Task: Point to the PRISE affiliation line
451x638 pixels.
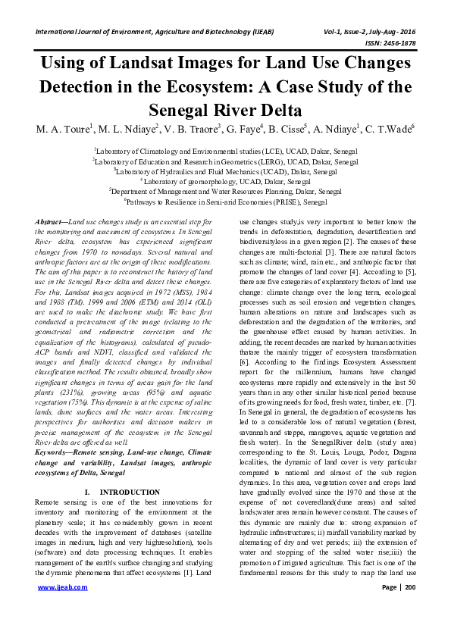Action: click(225, 203)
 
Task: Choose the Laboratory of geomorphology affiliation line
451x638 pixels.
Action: click(225, 182)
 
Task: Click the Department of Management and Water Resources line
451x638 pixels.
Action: click(225, 192)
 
